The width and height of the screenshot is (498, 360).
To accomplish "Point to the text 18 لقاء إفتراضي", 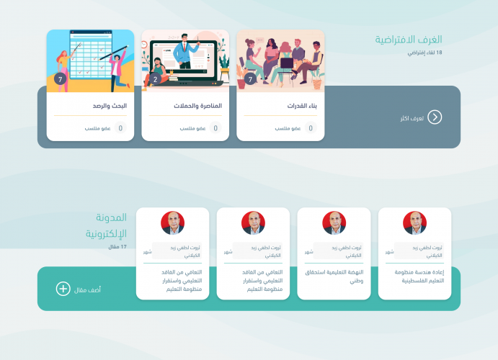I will (424, 53).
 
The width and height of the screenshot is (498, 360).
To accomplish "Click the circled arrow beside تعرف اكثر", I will (435, 117).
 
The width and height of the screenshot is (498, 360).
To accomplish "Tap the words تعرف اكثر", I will (410, 117).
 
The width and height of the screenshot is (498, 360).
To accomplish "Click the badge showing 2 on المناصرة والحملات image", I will (155, 79).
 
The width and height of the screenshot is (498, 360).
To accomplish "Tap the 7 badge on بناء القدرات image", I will (250, 79).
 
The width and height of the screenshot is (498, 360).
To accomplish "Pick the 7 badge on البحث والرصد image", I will (60, 78).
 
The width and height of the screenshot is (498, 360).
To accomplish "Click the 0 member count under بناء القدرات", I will (311, 129).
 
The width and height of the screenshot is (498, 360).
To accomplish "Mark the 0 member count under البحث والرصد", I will (120, 129).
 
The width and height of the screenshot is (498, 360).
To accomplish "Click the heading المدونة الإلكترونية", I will (106, 225).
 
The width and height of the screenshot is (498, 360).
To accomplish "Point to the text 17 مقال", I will (117, 247).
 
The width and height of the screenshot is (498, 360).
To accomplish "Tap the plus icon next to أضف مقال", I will (63, 289).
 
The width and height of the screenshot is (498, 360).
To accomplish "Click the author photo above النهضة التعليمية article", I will (334, 222).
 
